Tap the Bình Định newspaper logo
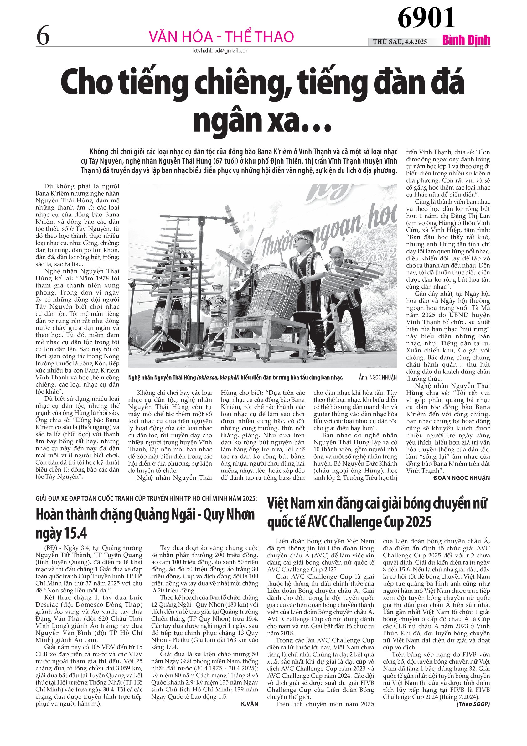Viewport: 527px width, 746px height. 466,41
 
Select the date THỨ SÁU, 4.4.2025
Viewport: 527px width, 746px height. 400,42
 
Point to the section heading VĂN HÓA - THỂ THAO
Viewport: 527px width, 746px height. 221,37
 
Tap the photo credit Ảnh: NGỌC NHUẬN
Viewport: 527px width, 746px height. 378,378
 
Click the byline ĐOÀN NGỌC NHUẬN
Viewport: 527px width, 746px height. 462,477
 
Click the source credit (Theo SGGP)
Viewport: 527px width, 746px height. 473,704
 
